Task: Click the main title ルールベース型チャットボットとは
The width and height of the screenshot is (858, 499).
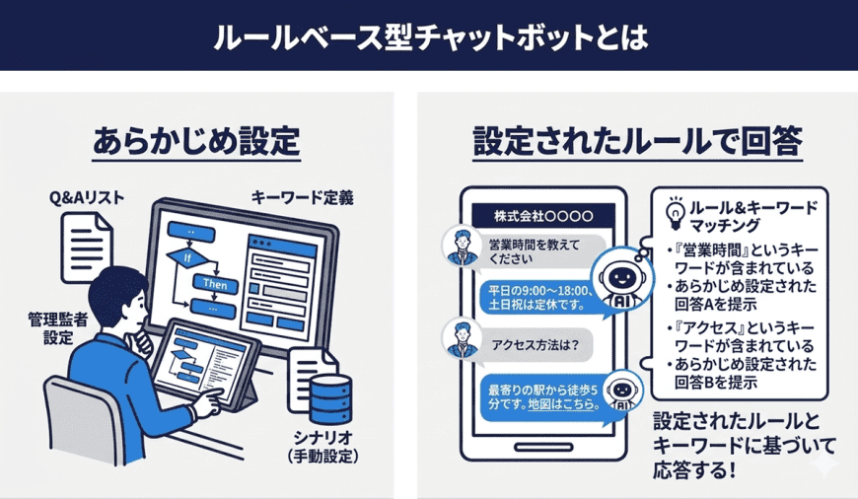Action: click(429, 36)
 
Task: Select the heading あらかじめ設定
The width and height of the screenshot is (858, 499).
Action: click(196, 141)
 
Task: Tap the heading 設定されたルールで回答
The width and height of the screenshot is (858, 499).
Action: click(636, 141)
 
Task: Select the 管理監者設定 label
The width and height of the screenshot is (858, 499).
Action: click(54, 328)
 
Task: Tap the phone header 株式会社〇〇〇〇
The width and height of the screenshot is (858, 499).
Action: click(544, 215)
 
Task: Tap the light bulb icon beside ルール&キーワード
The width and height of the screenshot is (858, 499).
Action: click(677, 212)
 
